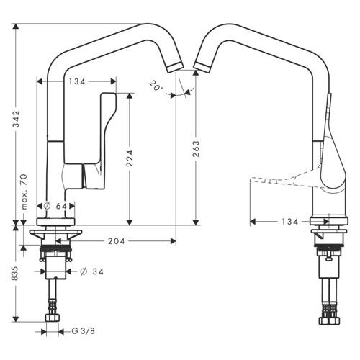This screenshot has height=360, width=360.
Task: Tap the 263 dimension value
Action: point(196,149)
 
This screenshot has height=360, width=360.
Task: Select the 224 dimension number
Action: point(130,158)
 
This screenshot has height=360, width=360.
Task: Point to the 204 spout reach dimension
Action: point(117,241)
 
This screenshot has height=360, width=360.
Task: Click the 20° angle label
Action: point(156,86)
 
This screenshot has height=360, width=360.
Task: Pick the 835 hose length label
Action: point(15,273)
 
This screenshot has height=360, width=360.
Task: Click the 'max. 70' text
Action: point(24,192)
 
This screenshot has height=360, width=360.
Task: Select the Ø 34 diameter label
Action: point(91,271)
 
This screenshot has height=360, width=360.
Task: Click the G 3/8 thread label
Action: point(83,331)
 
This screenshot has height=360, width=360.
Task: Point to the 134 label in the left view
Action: point(77,81)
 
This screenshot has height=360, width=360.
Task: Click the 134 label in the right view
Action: point(290,222)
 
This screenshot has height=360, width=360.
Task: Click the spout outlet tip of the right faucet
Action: point(202,67)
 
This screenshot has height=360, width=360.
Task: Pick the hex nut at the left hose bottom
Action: point(53,318)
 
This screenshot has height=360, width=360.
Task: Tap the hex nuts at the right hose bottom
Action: point(329,320)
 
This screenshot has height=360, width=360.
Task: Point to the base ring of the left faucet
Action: point(55,222)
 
